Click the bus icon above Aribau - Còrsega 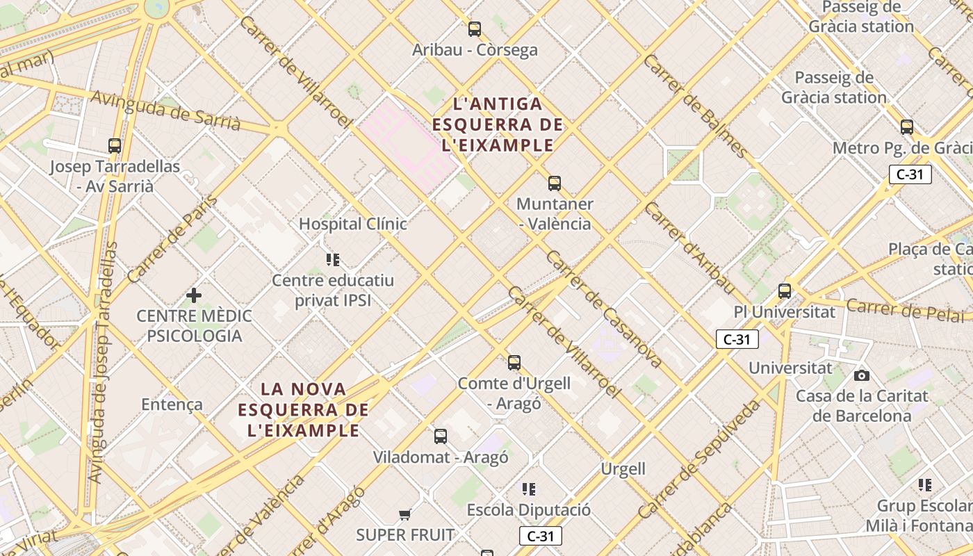click(x=475, y=29)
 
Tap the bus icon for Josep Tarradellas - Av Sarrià click(x=115, y=146)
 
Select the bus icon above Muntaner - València click(x=554, y=183)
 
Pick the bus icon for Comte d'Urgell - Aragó click(x=514, y=363)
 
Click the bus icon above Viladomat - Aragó click(x=441, y=436)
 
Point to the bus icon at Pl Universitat click(x=785, y=291)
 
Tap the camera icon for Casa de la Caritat click(x=862, y=375)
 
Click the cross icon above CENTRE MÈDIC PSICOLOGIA click(x=194, y=295)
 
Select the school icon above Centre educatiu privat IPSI click(x=333, y=260)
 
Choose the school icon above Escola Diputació click(x=529, y=489)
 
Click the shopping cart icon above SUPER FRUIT click(x=405, y=514)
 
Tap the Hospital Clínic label click(x=353, y=224)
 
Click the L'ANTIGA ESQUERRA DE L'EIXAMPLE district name click(x=498, y=124)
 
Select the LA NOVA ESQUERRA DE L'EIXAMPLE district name click(x=304, y=409)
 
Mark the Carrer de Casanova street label click(x=603, y=309)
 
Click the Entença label click(x=172, y=404)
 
